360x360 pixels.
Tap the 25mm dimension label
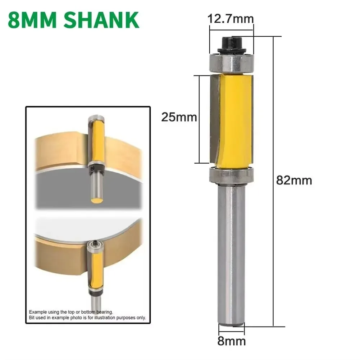179,117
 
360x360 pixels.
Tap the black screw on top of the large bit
232,43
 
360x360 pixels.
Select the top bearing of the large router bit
232,62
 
